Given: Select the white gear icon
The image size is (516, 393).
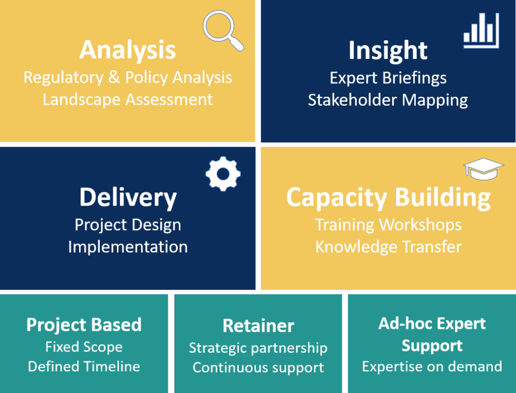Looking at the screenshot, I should [223, 174].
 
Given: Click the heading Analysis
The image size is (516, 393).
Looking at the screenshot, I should [127, 50].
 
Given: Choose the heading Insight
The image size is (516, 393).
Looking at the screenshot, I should [388, 50].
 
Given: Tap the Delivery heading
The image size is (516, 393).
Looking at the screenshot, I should [128, 198].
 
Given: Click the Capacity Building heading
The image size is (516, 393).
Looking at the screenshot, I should [388, 198].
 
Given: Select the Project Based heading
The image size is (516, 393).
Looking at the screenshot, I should [84, 325].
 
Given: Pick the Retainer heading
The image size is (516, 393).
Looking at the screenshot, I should [258, 326].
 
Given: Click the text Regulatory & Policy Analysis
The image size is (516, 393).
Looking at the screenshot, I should [128, 78].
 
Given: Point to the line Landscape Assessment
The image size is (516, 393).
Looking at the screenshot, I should [128, 99].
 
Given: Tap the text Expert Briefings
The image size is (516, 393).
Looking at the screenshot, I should [388, 78].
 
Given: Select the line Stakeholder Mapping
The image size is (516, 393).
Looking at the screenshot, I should [388, 100].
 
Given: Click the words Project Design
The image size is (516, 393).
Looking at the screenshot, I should [128, 225].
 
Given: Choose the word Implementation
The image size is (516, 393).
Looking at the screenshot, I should [128, 247].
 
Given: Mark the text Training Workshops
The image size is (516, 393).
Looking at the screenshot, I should [388, 225].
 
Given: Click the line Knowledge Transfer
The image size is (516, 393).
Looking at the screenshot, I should [388, 247].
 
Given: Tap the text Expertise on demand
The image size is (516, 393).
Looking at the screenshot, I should [432, 366].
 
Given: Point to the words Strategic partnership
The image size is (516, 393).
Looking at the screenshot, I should [258, 348].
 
